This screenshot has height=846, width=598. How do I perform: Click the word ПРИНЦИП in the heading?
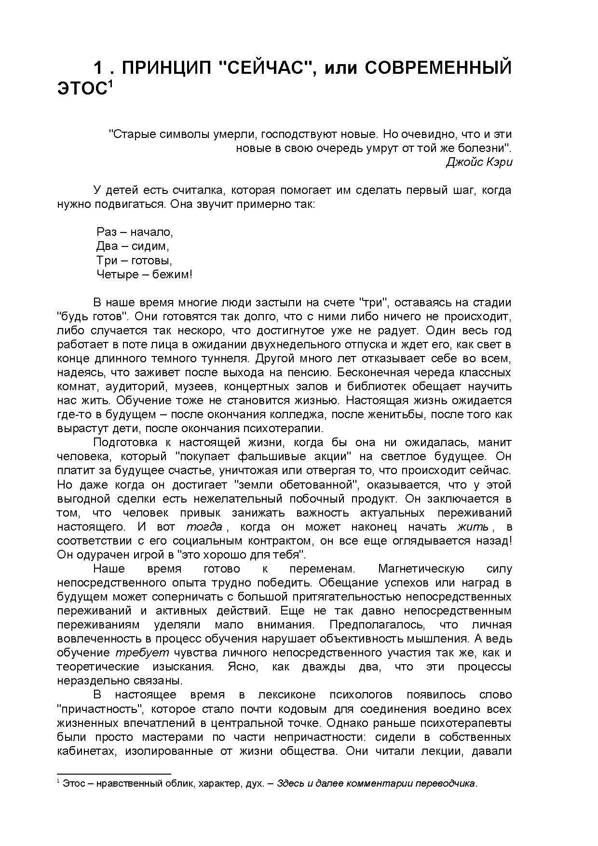[x=166, y=68]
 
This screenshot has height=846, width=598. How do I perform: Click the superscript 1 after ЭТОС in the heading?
[x=110, y=84]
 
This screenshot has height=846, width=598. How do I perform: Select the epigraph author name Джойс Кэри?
[x=478, y=162]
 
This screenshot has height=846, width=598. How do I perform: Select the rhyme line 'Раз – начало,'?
[x=135, y=232]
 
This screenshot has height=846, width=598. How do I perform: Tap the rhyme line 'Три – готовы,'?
[x=134, y=260]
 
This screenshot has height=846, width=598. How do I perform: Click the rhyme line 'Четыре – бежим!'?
[x=144, y=275]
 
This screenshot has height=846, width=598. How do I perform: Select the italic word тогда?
[x=204, y=527]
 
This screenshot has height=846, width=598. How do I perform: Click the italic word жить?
[x=473, y=527]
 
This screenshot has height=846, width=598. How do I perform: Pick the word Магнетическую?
[x=421, y=569]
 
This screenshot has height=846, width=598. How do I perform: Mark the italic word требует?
[x=142, y=653]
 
